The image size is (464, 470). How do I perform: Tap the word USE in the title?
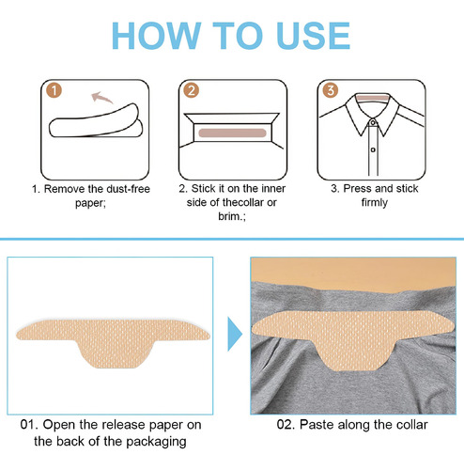tap(314, 36)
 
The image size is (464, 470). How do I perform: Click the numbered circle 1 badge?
tap(54, 90)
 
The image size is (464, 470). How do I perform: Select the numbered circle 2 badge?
tap(192, 90)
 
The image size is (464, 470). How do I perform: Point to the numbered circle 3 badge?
tap(331, 90)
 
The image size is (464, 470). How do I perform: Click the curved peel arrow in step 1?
tap(101, 97)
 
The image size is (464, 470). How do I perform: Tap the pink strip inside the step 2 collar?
tap(232, 133)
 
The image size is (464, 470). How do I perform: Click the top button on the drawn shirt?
tap(373, 122)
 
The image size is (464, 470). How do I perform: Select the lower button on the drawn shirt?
tap(373, 149)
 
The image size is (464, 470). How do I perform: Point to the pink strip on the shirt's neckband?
tap(373, 98)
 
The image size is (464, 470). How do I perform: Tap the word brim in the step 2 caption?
tap(229, 216)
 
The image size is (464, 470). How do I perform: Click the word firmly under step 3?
tap(375, 202)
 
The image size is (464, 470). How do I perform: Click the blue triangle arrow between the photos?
tap(235, 334)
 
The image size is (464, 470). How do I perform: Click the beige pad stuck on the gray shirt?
tap(352, 337)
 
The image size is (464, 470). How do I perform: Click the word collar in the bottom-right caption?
tap(411, 425)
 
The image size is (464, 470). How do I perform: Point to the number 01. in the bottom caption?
tap(29, 425)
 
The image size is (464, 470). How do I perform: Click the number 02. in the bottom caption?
tap(286, 425)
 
